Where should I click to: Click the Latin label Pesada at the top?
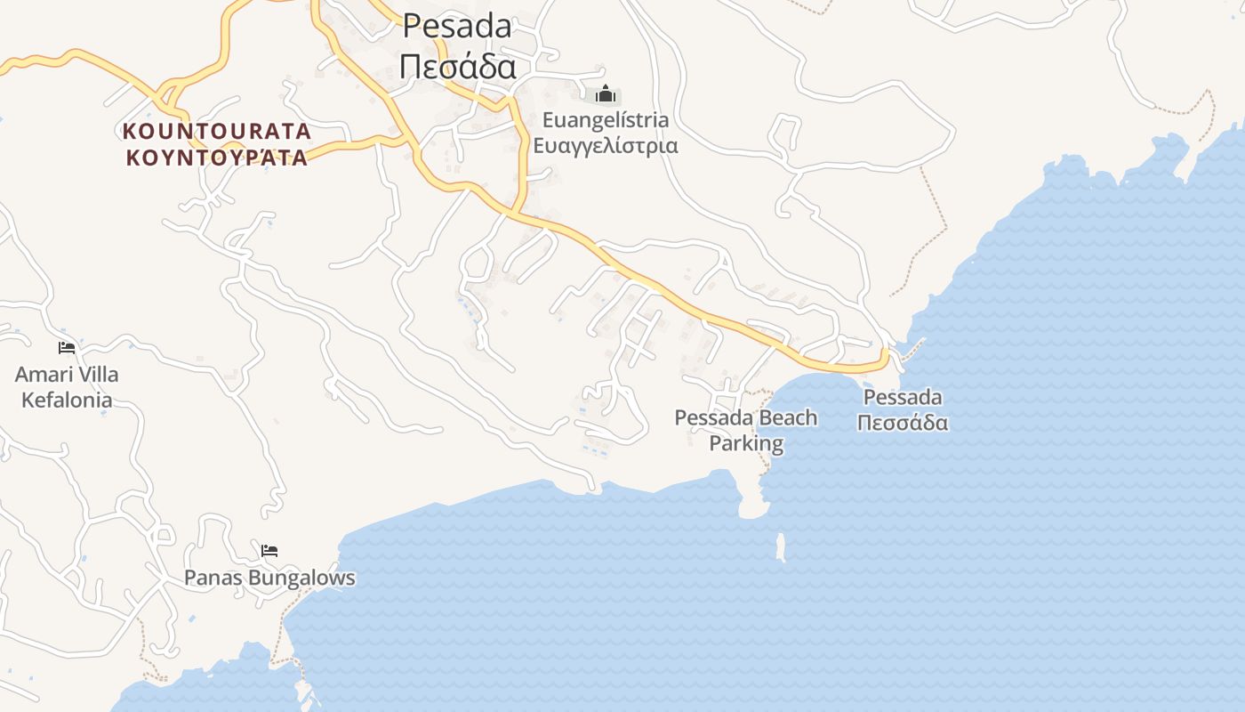click(457, 26)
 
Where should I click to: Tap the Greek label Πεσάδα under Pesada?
click(457, 66)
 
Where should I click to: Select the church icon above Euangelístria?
click(606, 93)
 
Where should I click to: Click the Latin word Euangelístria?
click(605, 120)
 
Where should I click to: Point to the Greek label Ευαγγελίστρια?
click(605, 145)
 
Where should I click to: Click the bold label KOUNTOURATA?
click(216, 132)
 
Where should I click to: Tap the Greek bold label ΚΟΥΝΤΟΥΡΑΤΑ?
click(216, 158)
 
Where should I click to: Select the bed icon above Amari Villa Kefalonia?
click(67, 347)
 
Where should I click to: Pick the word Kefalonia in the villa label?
click(67, 400)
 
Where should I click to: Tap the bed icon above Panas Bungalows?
click(269, 550)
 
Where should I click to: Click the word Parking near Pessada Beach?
click(746, 443)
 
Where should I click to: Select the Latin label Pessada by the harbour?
click(903, 397)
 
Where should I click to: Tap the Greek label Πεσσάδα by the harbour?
click(903, 422)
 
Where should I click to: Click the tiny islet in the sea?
click(781, 547)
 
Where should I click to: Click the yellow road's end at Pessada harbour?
click(884, 355)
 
